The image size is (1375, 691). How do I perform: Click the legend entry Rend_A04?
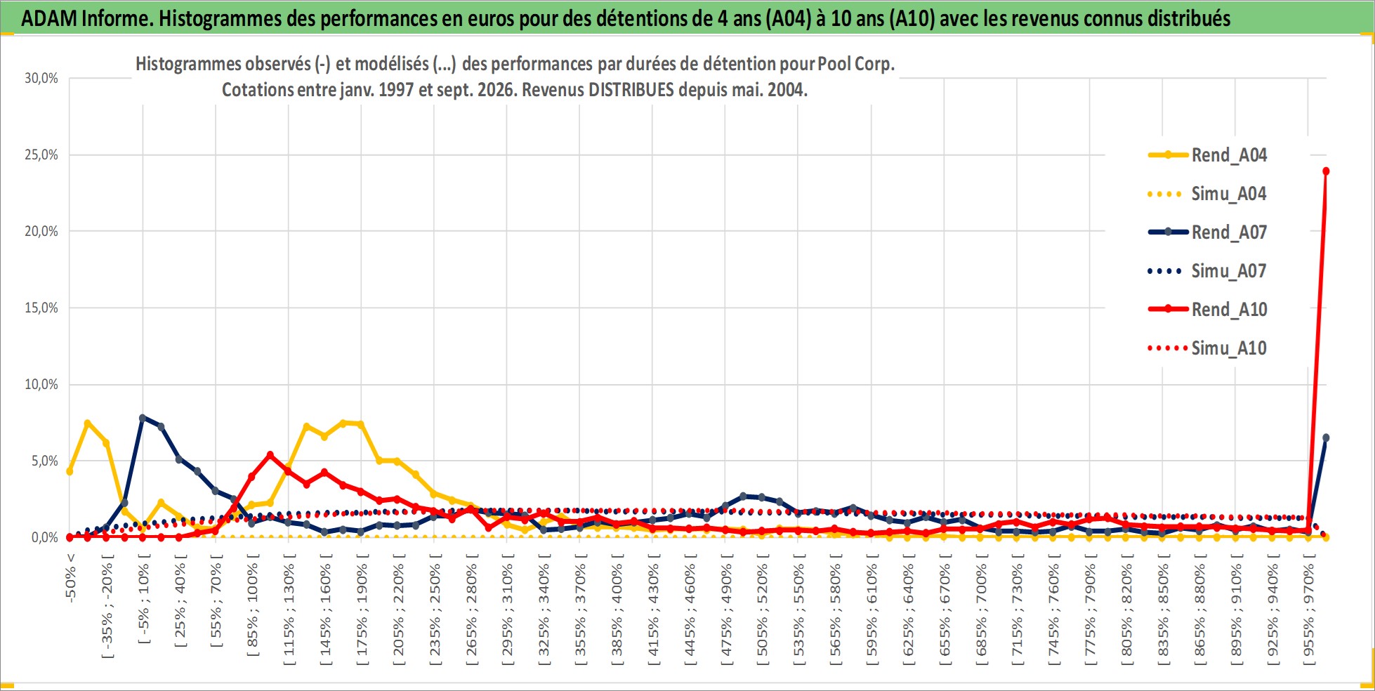pos(1208,154)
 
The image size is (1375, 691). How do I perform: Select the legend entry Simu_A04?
pos(1208,193)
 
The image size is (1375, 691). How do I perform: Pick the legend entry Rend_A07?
pos(1208,232)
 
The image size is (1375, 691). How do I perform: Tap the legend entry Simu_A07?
pos(1208,270)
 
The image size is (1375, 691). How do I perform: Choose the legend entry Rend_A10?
pos(1208,309)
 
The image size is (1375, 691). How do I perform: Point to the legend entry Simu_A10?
pos(1208,348)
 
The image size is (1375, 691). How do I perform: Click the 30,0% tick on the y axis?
pos(41,78)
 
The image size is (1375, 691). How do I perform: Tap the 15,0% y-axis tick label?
pos(41,308)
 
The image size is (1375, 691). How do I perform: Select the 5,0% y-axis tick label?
pos(45,461)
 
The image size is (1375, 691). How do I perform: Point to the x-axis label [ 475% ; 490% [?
pos(726,609)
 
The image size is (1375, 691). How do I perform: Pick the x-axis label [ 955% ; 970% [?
pos(1308,609)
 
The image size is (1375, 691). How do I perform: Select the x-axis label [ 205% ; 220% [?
pos(398,609)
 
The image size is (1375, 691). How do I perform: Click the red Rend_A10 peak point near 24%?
pos(1326,171)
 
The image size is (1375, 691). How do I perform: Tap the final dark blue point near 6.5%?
pos(1326,437)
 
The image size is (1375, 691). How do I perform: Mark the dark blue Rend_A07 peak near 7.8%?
pos(143,418)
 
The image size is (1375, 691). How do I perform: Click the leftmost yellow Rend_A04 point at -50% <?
pos(70,471)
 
